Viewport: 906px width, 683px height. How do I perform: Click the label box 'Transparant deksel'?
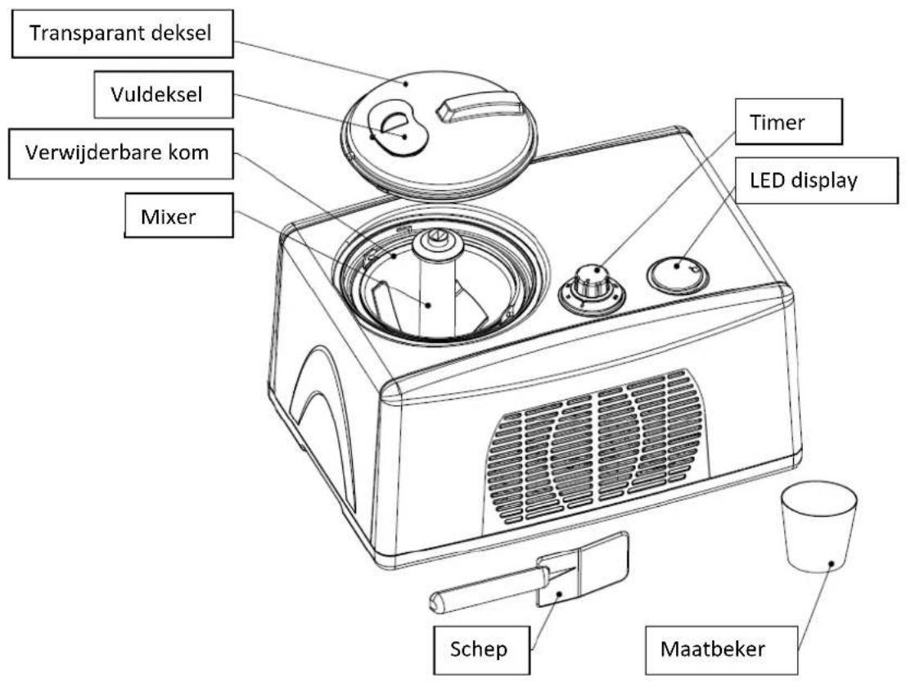click(123, 33)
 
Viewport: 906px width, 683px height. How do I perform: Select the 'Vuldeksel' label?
click(164, 94)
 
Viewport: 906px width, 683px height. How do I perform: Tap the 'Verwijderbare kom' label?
click(121, 153)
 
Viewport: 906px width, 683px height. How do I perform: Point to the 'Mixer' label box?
click(179, 215)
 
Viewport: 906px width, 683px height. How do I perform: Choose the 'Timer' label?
click(788, 121)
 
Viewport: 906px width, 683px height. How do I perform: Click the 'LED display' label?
click(817, 180)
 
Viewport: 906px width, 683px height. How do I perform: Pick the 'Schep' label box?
click(481, 649)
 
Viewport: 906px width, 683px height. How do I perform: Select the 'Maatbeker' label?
click(721, 649)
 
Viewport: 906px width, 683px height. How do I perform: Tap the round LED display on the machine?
click(678, 274)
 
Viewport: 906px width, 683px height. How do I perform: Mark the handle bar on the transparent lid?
click(480, 108)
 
